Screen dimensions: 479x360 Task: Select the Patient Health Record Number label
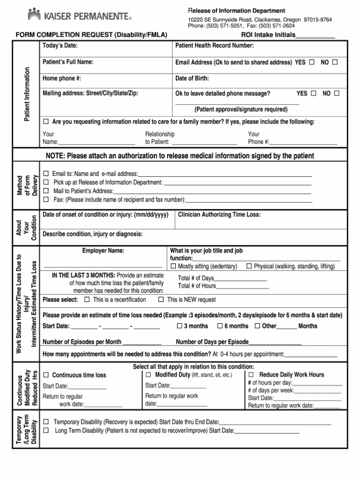(x=214, y=46)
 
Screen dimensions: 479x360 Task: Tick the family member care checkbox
(x=46, y=122)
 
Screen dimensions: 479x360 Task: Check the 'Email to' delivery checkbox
(x=46, y=174)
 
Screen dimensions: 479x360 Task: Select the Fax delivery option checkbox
(x=46, y=199)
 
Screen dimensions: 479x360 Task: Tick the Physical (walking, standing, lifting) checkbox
(x=249, y=266)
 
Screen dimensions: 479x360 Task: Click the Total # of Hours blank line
(x=242, y=286)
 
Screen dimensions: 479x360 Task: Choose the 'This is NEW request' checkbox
(x=161, y=299)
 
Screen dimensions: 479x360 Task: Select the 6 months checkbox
(x=219, y=326)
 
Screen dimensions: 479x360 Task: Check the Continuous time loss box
(x=46, y=375)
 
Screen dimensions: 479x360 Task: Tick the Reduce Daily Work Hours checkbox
(x=251, y=375)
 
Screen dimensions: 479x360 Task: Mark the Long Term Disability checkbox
(x=46, y=430)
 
